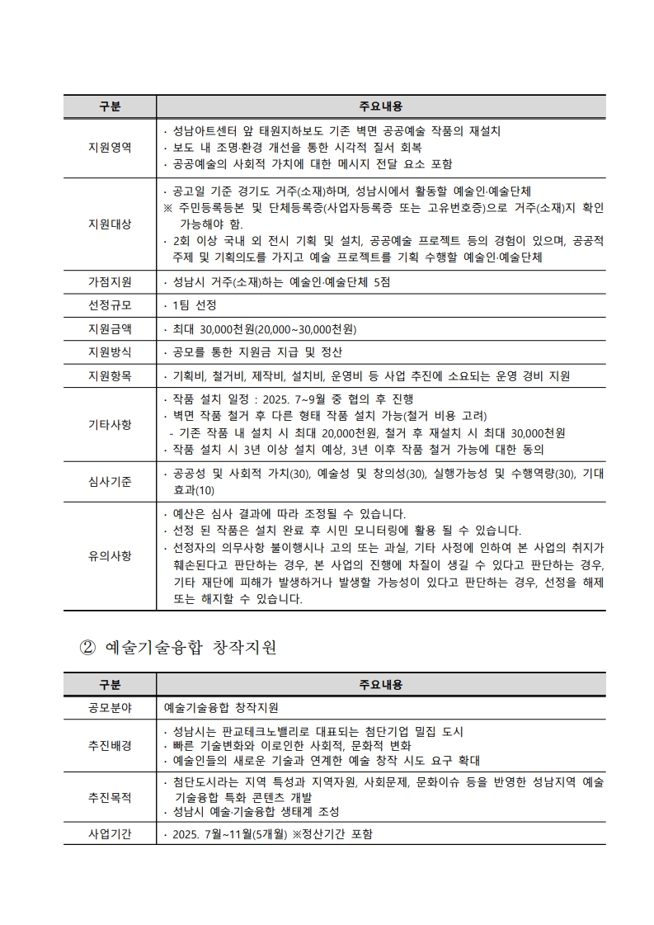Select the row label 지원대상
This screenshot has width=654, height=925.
pyautogui.click(x=110, y=224)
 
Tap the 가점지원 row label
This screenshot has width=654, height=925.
pyautogui.click(x=110, y=281)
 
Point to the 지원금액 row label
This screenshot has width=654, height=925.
pyautogui.click(x=110, y=328)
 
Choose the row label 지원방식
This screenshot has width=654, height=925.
pyautogui.click(x=110, y=352)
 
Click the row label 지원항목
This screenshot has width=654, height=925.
pyautogui.click(x=110, y=375)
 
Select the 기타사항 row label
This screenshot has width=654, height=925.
pyautogui.click(x=110, y=424)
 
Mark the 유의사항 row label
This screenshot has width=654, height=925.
pyautogui.click(x=110, y=555)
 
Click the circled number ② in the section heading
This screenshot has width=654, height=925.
pyautogui.click(x=88, y=647)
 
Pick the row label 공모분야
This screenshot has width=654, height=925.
pyautogui.click(x=110, y=707)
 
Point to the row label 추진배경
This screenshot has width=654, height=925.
pyautogui.click(x=110, y=746)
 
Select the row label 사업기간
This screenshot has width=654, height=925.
pyautogui.click(x=110, y=833)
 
